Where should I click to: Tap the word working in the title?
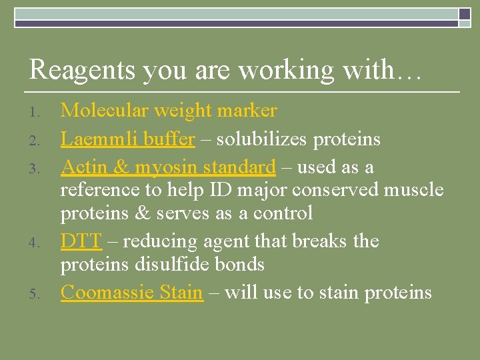coord(286,70)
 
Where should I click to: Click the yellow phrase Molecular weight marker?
coord(169,110)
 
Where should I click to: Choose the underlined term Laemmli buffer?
coord(128,139)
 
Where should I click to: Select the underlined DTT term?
coord(81,241)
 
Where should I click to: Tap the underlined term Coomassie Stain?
coord(132,292)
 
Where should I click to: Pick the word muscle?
coord(413,190)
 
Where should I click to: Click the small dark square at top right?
coord(464,15)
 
